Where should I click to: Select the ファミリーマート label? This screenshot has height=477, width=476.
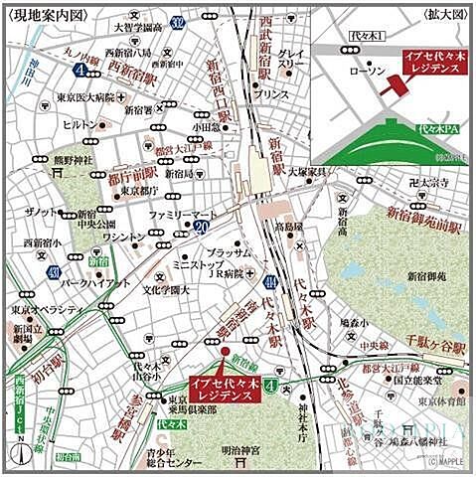coord(183,214)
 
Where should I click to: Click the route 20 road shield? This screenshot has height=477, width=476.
coord(202,228)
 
